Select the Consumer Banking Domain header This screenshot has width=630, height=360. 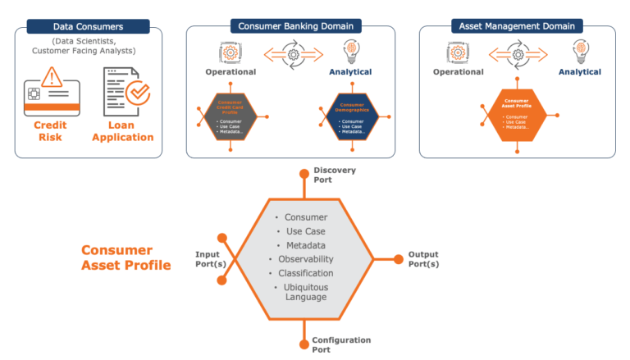290,26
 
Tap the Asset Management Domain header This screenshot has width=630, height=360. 517,26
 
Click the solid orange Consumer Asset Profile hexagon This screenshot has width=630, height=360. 516,116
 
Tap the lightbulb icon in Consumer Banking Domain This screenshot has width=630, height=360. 352,52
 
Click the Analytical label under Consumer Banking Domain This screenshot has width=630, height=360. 352,72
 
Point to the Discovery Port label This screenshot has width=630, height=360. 334,174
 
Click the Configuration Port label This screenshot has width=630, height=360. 341,344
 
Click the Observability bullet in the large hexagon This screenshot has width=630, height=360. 305,258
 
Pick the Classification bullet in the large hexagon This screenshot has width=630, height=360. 305,272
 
